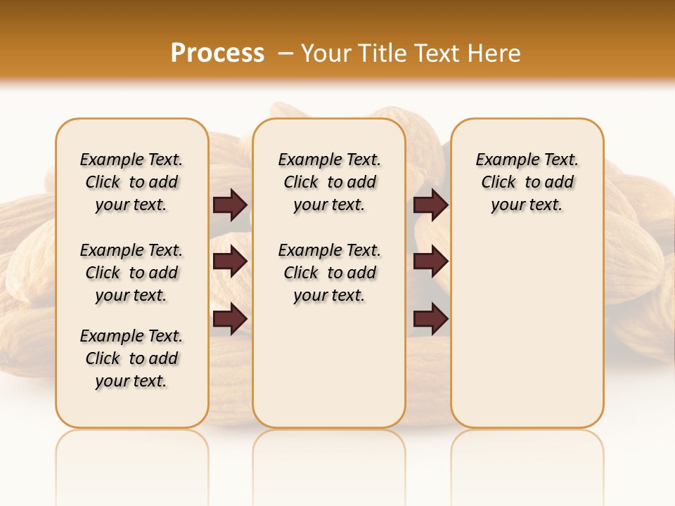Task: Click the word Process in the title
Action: pos(217,53)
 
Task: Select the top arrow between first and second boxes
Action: pos(230,205)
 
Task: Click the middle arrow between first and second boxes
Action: pos(230,261)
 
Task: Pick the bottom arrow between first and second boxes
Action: pos(230,318)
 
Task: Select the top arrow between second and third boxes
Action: pos(430,205)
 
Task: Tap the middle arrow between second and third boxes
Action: pos(430,261)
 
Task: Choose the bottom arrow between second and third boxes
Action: pos(430,318)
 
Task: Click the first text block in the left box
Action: pos(131,182)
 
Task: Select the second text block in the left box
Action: pos(131,273)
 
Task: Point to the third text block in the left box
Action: pos(131,358)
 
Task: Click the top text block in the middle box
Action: pos(329,182)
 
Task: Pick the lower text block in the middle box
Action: pos(329,273)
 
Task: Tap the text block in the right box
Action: pos(527,182)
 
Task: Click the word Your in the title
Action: pos(324,53)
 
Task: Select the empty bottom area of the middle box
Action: pos(329,372)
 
